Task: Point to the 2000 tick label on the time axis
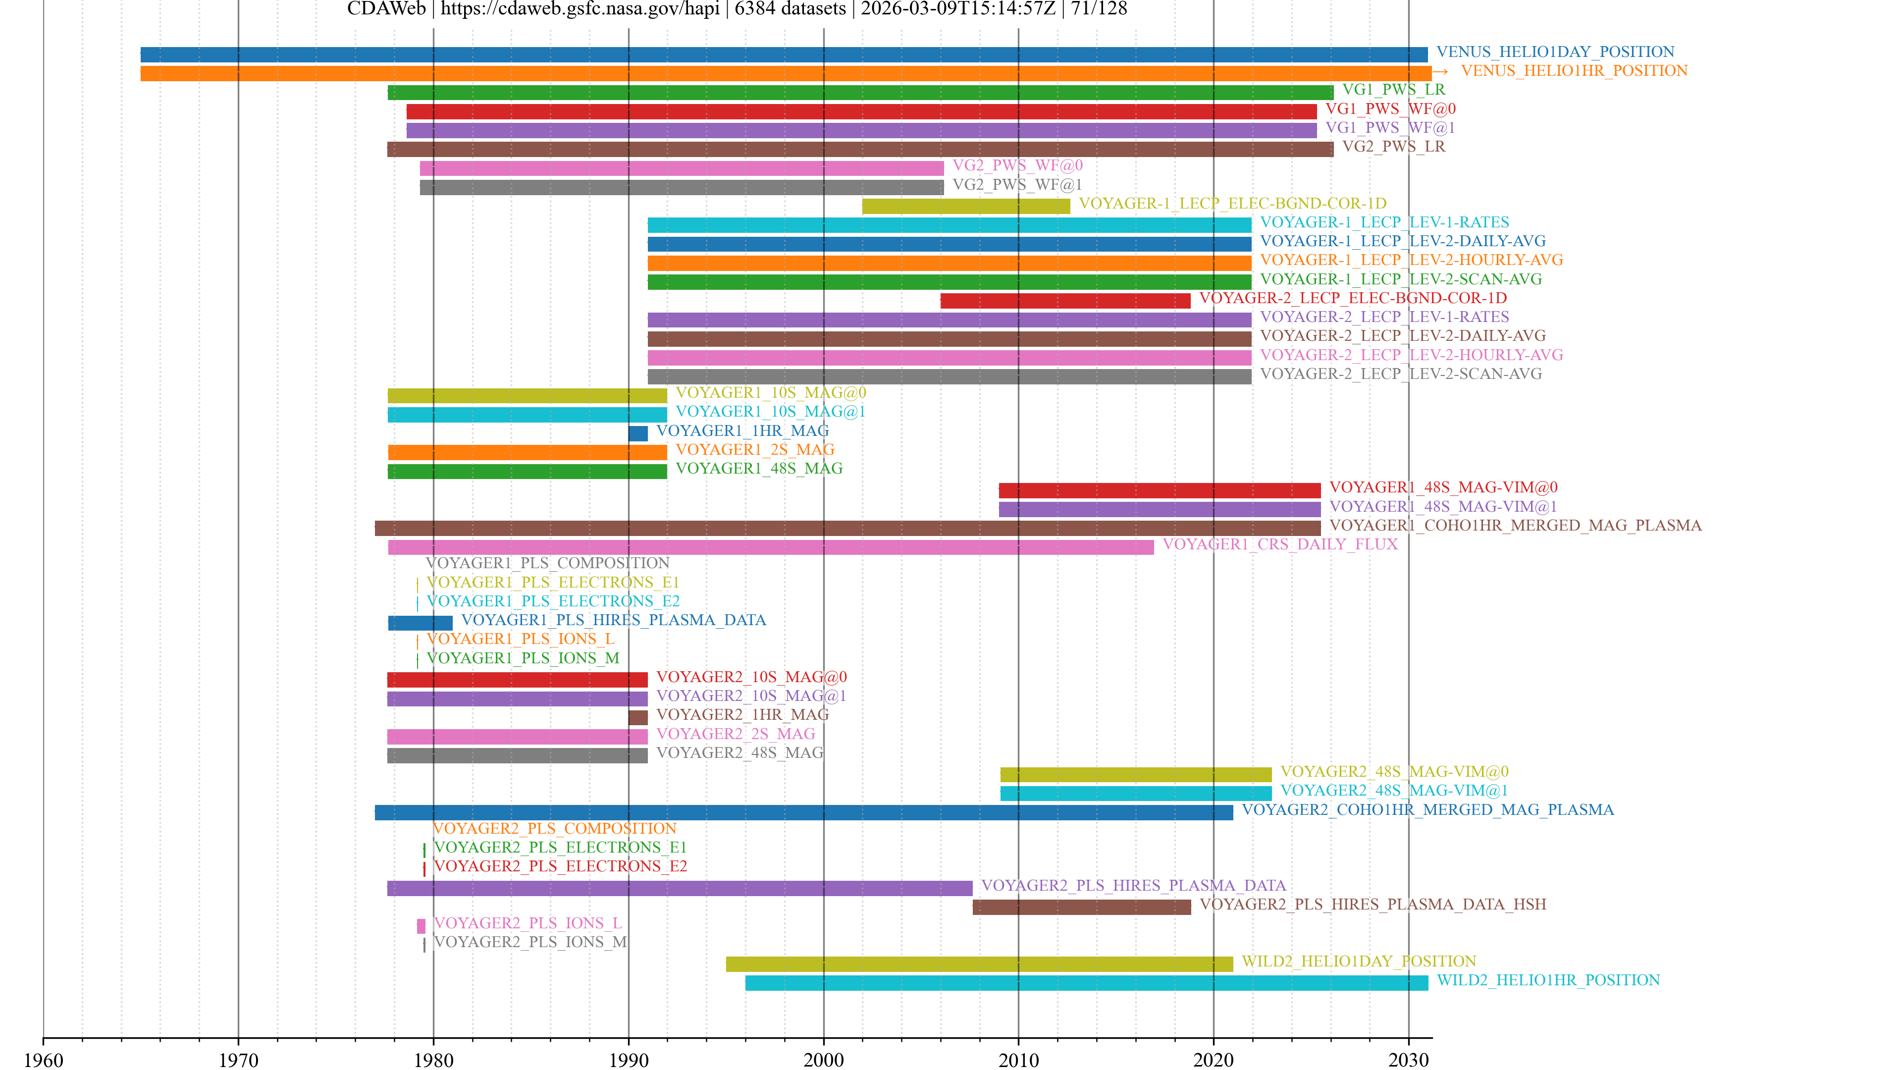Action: pyautogui.click(x=823, y=1060)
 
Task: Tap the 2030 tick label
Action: pyautogui.click(x=1408, y=1060)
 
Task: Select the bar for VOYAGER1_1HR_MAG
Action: pyautogui.click(x=638, y=433)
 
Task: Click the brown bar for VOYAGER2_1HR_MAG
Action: pyautogui.click(x=638, y=717)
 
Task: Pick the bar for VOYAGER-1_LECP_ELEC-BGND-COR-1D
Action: pyautogui.click(x=966, y=206)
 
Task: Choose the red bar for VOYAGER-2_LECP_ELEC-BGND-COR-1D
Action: pyautogui.click(x=1065, y=301)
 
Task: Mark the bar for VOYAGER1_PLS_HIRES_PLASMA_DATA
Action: pyautogui.click(x=420, y=623)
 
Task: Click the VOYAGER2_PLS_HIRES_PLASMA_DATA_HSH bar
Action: pyautogui.click(x=1082, y=907)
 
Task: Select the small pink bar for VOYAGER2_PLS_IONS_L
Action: pyautogui.click(x=421, y=926)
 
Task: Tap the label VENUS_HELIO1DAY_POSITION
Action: pyautogui.click(x=1555, y=52)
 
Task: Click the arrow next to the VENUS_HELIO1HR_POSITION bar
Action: pyautogui.click(x=1440, y=72)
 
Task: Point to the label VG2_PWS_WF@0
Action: pyautogui.click(x=1017, y=165)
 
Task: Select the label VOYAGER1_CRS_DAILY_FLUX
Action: pyautogui.click(x=1279, y=544)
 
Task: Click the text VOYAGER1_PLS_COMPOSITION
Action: pyautogui.click(x=547, y=563)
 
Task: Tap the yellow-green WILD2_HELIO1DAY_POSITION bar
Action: pyautogui.click(x=979, y=963)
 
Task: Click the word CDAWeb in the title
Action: pyautogui.click(x=386, y=9)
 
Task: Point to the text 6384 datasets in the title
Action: pyautogui.click(x=790, y=9)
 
